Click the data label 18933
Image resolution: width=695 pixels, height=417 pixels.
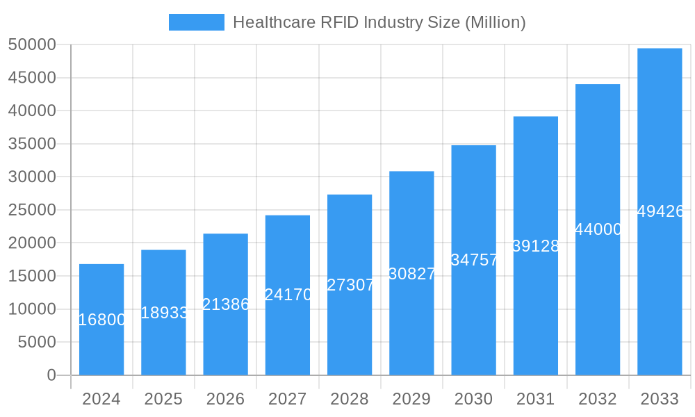[x=164, y=313]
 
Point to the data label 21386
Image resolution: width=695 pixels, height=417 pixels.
[x=225, y=304]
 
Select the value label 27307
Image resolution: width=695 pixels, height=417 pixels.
[x=350, y=285]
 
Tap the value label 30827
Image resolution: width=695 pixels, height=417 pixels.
[x=411, y=274]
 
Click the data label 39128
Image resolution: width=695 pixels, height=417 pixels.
[x=536, y=246]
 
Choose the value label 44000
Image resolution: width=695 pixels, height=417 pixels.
[x=598, y=229]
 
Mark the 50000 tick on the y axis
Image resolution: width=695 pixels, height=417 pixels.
[x=32, y=44]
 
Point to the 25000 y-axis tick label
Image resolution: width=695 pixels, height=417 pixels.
[x=32, y=210]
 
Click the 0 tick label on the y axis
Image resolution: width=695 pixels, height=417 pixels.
[x=51, y=375]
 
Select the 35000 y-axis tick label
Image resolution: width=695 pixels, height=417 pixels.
[x=32, y=144]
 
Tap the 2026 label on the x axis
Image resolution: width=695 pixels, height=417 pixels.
[x=225, y=399]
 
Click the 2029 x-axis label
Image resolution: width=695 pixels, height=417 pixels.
[x=411, y=399]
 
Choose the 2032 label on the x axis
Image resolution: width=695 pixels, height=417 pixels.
[x=598, y=399]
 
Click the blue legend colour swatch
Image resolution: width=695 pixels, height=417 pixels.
[x=197, y=22]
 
